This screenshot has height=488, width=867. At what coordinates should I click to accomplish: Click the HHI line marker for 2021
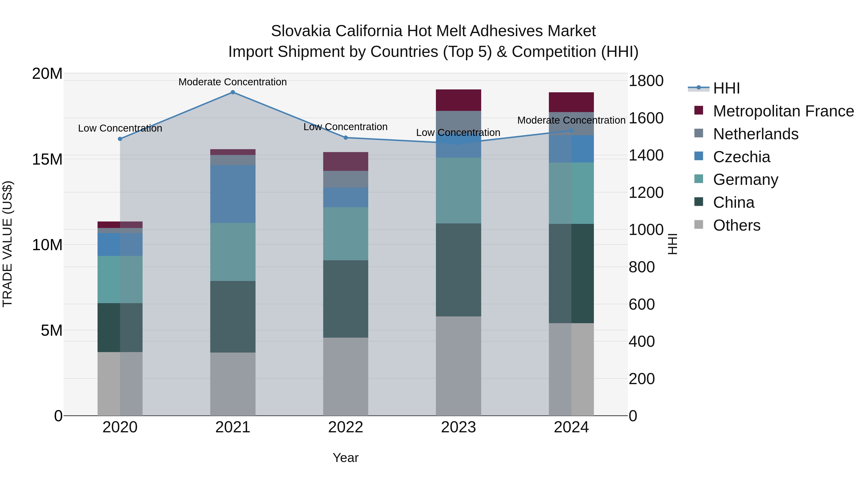pyautogui.click(x=233, y=92)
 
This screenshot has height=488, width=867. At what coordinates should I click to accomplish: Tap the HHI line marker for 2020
pyautogui.click(x=120, y=139)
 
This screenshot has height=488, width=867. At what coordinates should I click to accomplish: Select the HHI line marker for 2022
pyautogui.click(x=345, y=137)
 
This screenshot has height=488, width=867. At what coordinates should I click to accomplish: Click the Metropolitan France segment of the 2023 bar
pyautogui.click(x=458, y=100)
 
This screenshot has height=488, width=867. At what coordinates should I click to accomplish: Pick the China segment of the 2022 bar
pyautogui.click(x=345, y=299)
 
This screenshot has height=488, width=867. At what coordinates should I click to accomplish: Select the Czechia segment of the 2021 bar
pyautogui.click(x=233, y=194)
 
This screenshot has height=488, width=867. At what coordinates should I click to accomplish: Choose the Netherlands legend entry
pyautogui.click(x=755, y=134)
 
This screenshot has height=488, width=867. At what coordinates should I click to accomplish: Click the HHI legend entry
pyautogui.click(x=726, y=88)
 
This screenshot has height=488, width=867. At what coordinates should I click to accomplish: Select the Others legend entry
pyautogui.click(x=736, y=225)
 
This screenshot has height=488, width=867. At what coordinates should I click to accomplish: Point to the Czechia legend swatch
pyautogui.click(x=699, y=156)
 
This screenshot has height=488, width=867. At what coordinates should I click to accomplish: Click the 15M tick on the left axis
pyautogui.click(x=47, y=159)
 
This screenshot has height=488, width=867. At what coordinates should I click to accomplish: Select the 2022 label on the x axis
pyautogui.click(x=345, y=427)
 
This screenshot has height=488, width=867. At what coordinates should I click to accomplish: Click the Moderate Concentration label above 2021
pyautogui.click(x=233, y=82)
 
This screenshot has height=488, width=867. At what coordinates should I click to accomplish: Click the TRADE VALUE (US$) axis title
pyautogui.click(x=7, y=244)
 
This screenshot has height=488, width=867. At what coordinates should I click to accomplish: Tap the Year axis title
pyautogui.click(x=345, y=458)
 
